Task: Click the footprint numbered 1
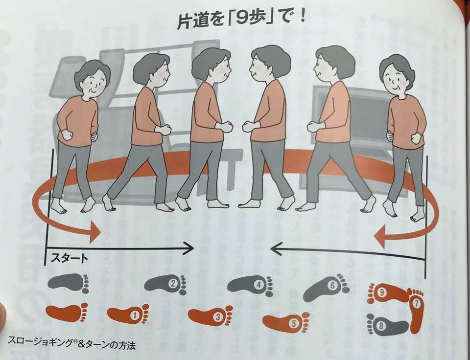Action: tap(128, 314)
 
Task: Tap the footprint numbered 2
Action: tap(165, 283)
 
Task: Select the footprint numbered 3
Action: tap(211, 316)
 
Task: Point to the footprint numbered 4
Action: tap(251, 286)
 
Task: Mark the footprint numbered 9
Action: tap(389, 292)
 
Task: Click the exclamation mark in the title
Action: tap(302, 19)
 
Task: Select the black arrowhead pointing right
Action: tap(188, 248)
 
